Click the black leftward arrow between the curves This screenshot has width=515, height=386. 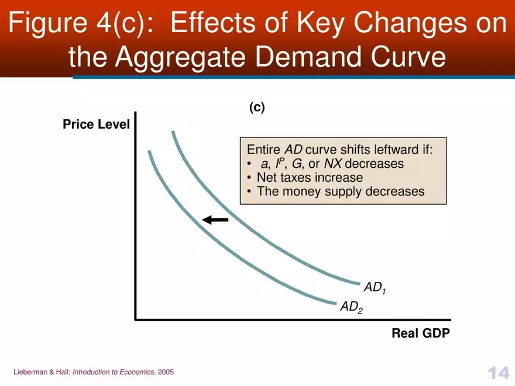[215, 219]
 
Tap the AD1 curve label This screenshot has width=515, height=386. [375, 288]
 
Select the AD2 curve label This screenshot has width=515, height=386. [351, 307]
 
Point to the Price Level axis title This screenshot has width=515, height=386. [96, 125]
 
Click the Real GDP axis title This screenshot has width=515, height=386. [421, 334]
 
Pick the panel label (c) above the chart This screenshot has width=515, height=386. [257, 108]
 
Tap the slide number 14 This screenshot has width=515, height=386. [497, 373]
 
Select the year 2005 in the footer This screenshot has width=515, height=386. [166, 372]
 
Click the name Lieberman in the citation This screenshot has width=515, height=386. [32, 372]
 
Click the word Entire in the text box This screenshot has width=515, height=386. [264, 149]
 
